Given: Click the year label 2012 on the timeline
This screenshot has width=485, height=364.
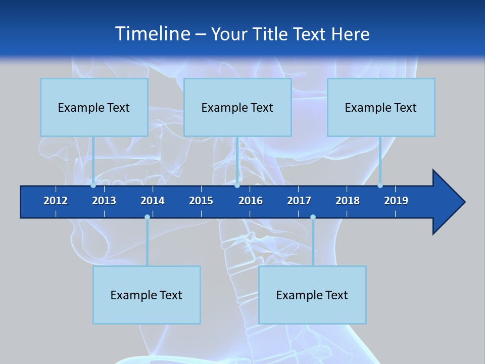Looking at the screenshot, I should (x=56, y=201).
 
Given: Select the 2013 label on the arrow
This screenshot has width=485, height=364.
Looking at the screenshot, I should (x=104, y=201).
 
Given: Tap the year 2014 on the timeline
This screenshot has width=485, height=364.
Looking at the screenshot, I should (x=153, y=201).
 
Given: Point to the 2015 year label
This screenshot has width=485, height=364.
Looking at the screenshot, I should (x=201, y=201).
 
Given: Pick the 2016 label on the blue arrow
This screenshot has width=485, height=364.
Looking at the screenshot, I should (x=251, y=201).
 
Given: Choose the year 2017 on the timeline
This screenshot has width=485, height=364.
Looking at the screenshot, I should (x=299, y=201).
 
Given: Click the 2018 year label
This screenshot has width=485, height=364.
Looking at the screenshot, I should (x=348, y=201).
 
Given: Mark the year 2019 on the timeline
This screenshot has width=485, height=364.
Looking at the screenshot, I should (x=396, y=201).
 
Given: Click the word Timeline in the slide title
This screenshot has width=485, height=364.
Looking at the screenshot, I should (x=152, y=34).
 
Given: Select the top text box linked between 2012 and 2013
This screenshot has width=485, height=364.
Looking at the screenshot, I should (x=94, y=107).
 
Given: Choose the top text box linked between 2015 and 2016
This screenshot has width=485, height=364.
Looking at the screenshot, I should (x=237, y=107).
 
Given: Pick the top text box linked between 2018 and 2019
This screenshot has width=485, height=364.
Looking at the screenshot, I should (x=381, y=107).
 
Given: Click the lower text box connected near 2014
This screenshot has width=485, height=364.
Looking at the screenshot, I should (x=147, y=295).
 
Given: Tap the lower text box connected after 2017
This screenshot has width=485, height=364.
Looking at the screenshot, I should (x=312, y=295).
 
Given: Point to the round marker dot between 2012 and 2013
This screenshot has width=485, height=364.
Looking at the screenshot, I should (x=93, y=185).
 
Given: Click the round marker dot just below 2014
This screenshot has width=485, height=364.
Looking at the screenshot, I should (x=147, y=217).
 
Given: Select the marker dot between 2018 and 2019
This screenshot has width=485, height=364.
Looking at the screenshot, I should (x=380, y=185).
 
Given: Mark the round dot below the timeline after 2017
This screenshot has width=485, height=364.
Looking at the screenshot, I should (x=313, y=217).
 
